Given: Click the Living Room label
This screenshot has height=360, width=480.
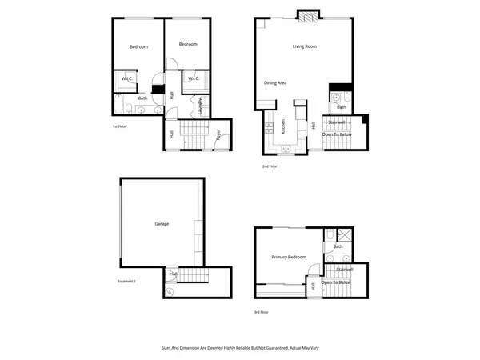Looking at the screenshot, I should coord(305,46).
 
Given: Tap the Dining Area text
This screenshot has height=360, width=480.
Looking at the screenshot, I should coord(275,82).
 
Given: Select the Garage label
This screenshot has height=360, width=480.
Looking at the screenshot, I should coord(162,224).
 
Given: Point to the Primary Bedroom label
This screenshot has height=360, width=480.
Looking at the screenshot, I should coord(289,257).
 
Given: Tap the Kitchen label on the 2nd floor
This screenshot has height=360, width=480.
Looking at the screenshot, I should coord(282,127).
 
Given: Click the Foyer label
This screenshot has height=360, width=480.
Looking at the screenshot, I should coord(218,136).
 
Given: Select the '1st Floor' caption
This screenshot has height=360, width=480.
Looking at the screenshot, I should coord(122,126).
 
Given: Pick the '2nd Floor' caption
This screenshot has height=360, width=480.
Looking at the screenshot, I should coord(270,166).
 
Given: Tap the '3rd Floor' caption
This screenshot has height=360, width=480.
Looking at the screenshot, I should coord(262,312).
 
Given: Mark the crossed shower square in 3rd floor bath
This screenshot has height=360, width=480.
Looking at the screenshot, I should coord(346,235).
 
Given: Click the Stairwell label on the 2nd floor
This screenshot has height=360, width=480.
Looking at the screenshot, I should coord(337,122).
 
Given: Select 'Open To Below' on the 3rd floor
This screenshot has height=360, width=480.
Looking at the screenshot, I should coord(336,282).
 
